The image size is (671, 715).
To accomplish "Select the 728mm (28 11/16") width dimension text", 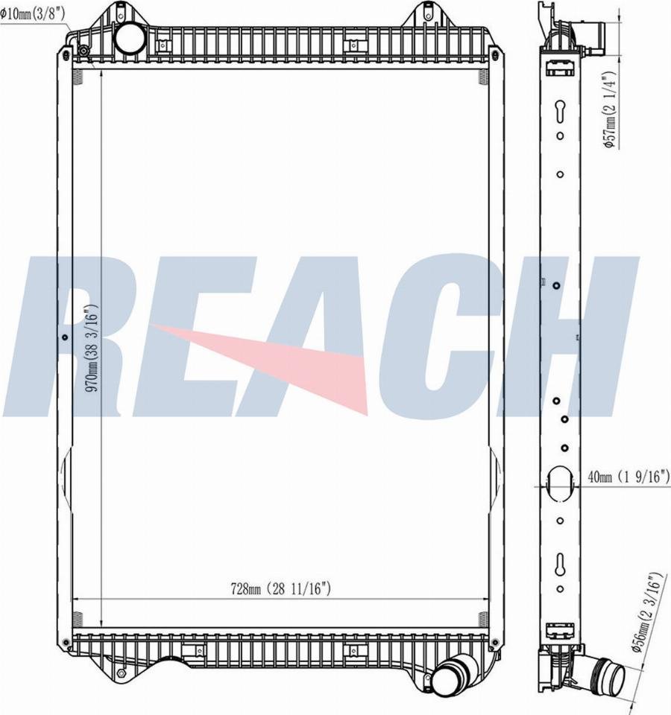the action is (x=280, y=588).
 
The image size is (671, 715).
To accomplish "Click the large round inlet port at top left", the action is (x=130, y=39).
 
